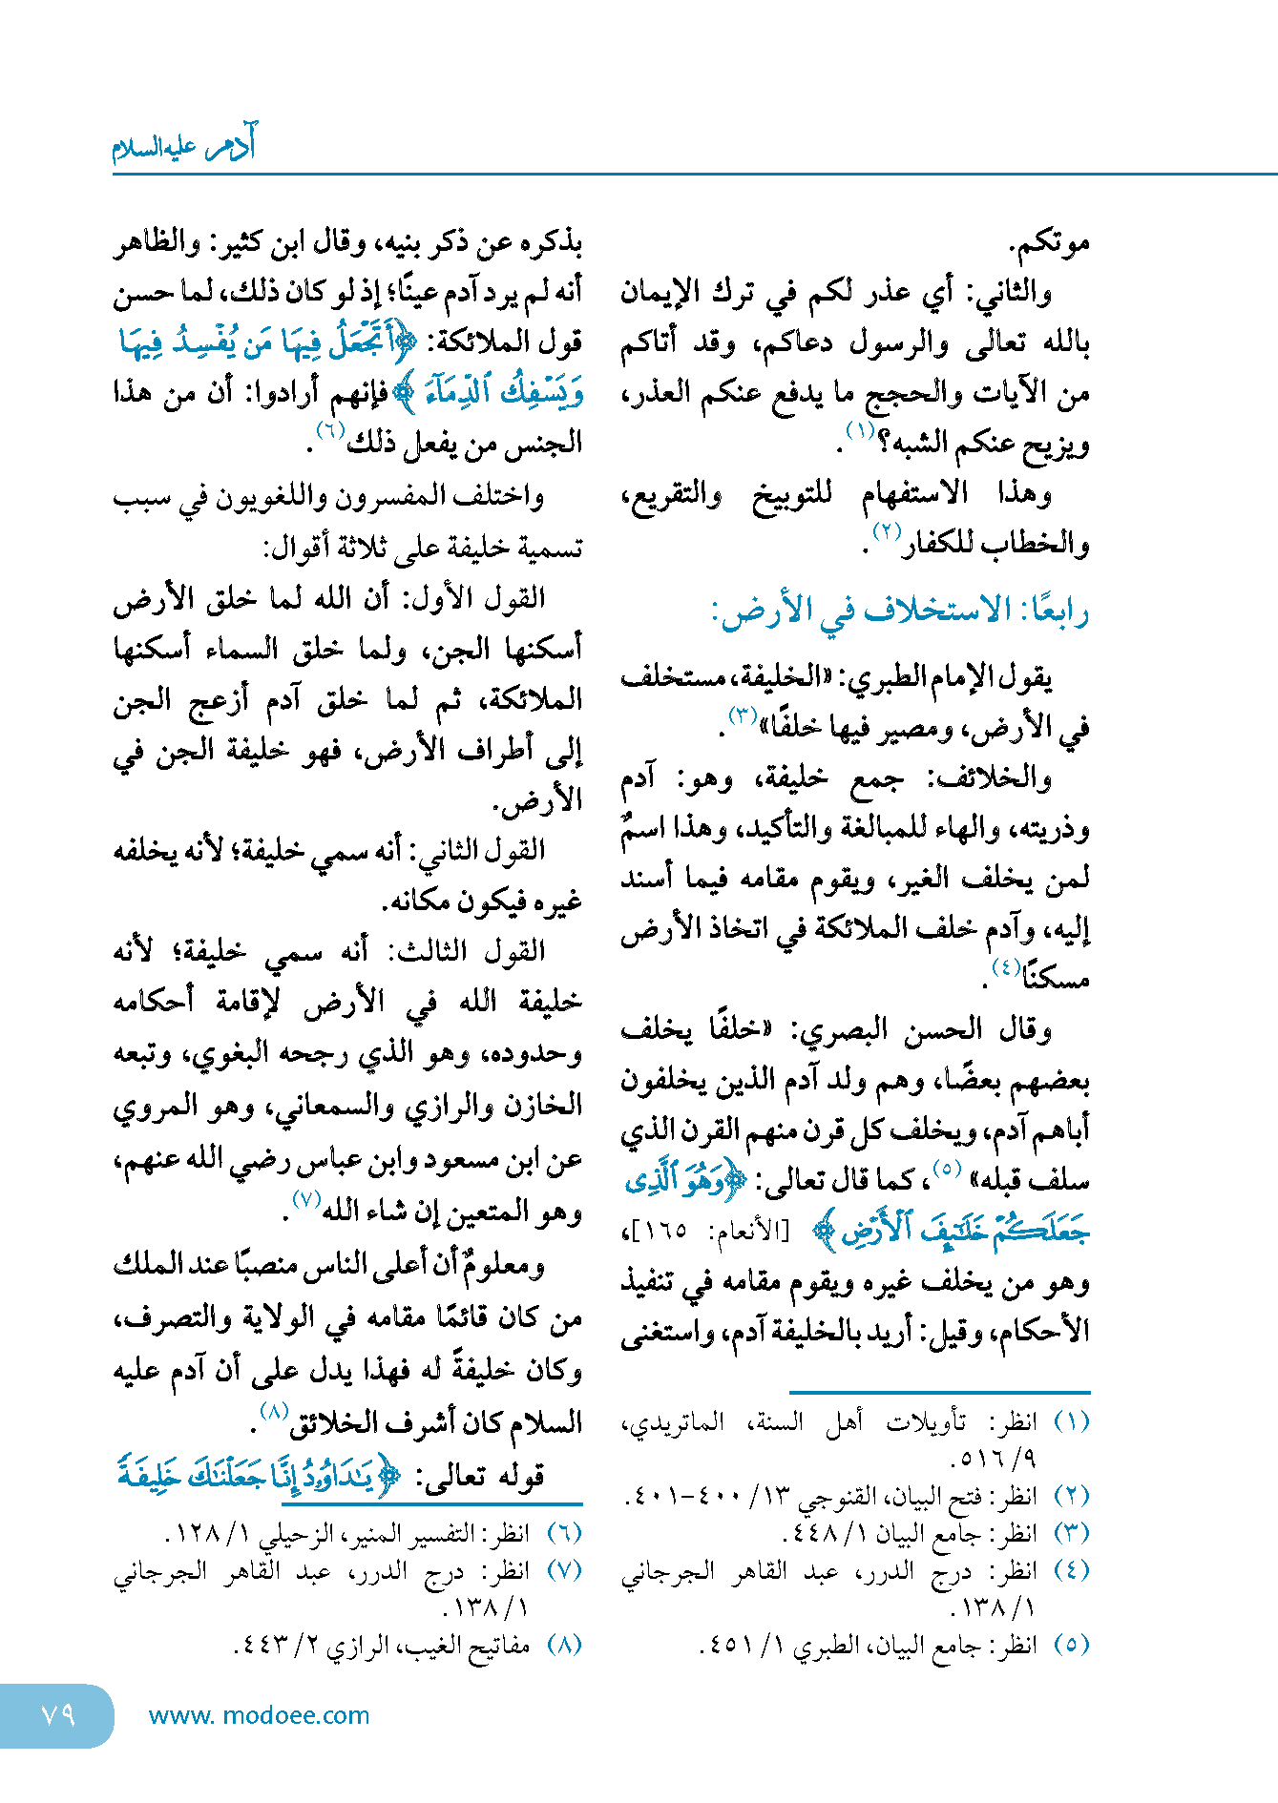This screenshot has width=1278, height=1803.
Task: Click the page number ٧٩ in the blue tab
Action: (x=58, y=1713)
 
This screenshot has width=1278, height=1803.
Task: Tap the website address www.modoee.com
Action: (x=259, y=1715)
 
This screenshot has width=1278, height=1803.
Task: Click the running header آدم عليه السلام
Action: (x=184, y=146)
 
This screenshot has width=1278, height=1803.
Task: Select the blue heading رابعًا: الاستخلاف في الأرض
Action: (x=900, y=611)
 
